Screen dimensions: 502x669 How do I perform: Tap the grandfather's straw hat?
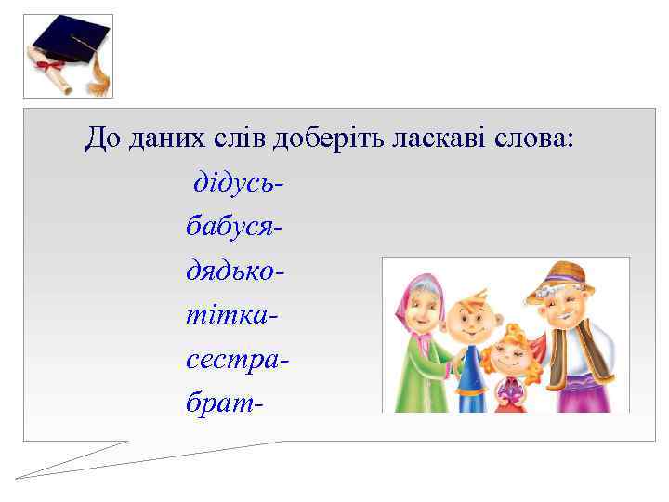tap(560, 277)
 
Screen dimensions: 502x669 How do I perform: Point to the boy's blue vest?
tap(470, 376)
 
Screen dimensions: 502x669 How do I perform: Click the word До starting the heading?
tap(98, 139)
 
